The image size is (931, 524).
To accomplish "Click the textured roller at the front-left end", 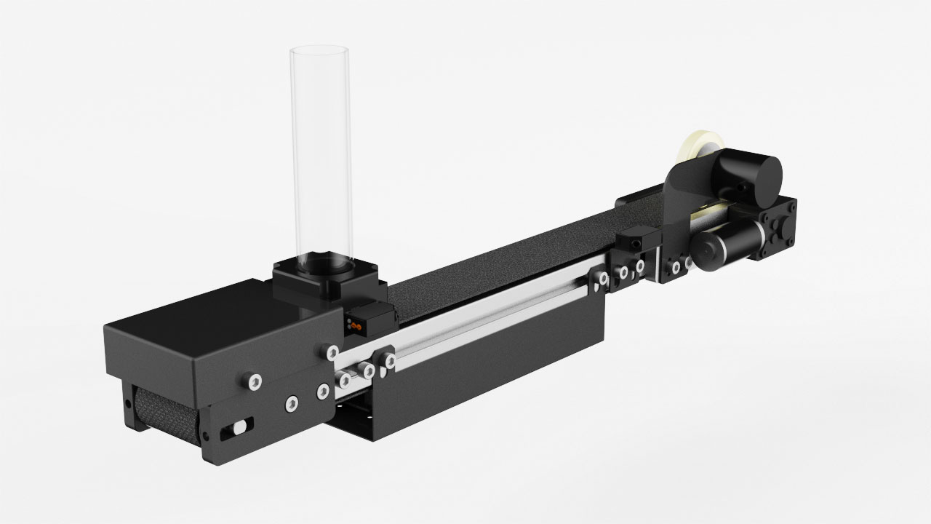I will pyautogui.click(x=164, y=411).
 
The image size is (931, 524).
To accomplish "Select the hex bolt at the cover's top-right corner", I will pyautogui.click(x=332, y=352).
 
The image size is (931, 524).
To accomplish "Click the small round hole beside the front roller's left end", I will pyautogui.click(x=207, y=436).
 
